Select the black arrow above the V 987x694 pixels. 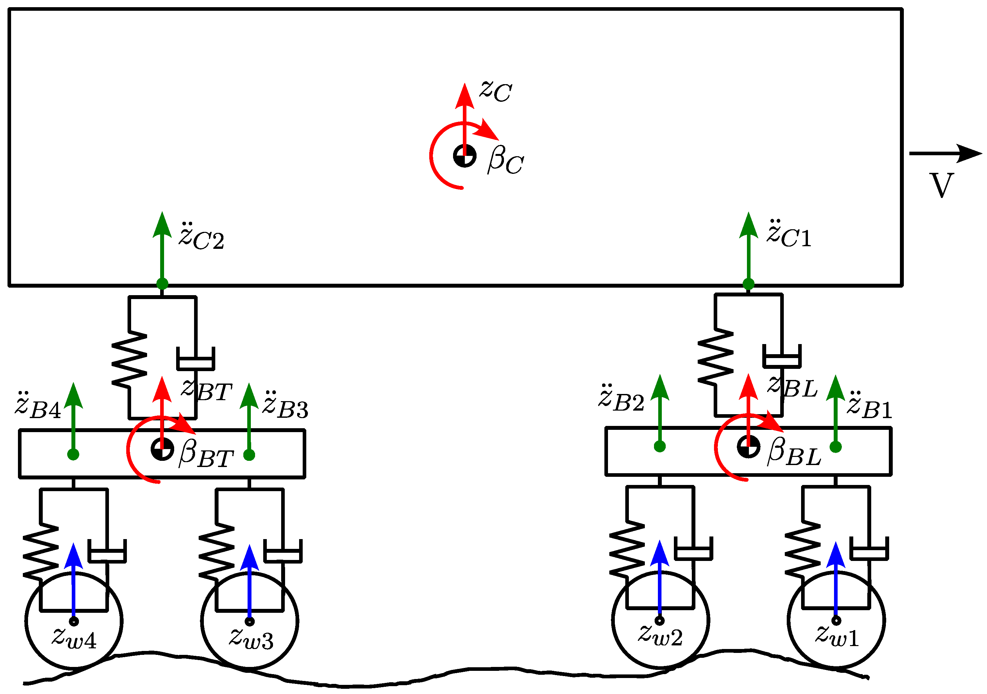(x=945, y=153)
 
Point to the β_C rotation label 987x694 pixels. (x=505, y=160)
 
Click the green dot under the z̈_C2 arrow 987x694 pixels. (x=162, y=284)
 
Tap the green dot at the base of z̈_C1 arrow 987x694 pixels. (x=749, y=284)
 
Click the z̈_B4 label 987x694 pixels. (x=38, y=406)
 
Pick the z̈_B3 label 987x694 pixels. (x=285, y=406)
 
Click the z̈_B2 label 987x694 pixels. (x=621, y=400)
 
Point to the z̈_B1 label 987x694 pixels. (x=869, y=406)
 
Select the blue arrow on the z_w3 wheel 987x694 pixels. (x=249, y=580)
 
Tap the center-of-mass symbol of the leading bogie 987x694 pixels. (x=749, y=447)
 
